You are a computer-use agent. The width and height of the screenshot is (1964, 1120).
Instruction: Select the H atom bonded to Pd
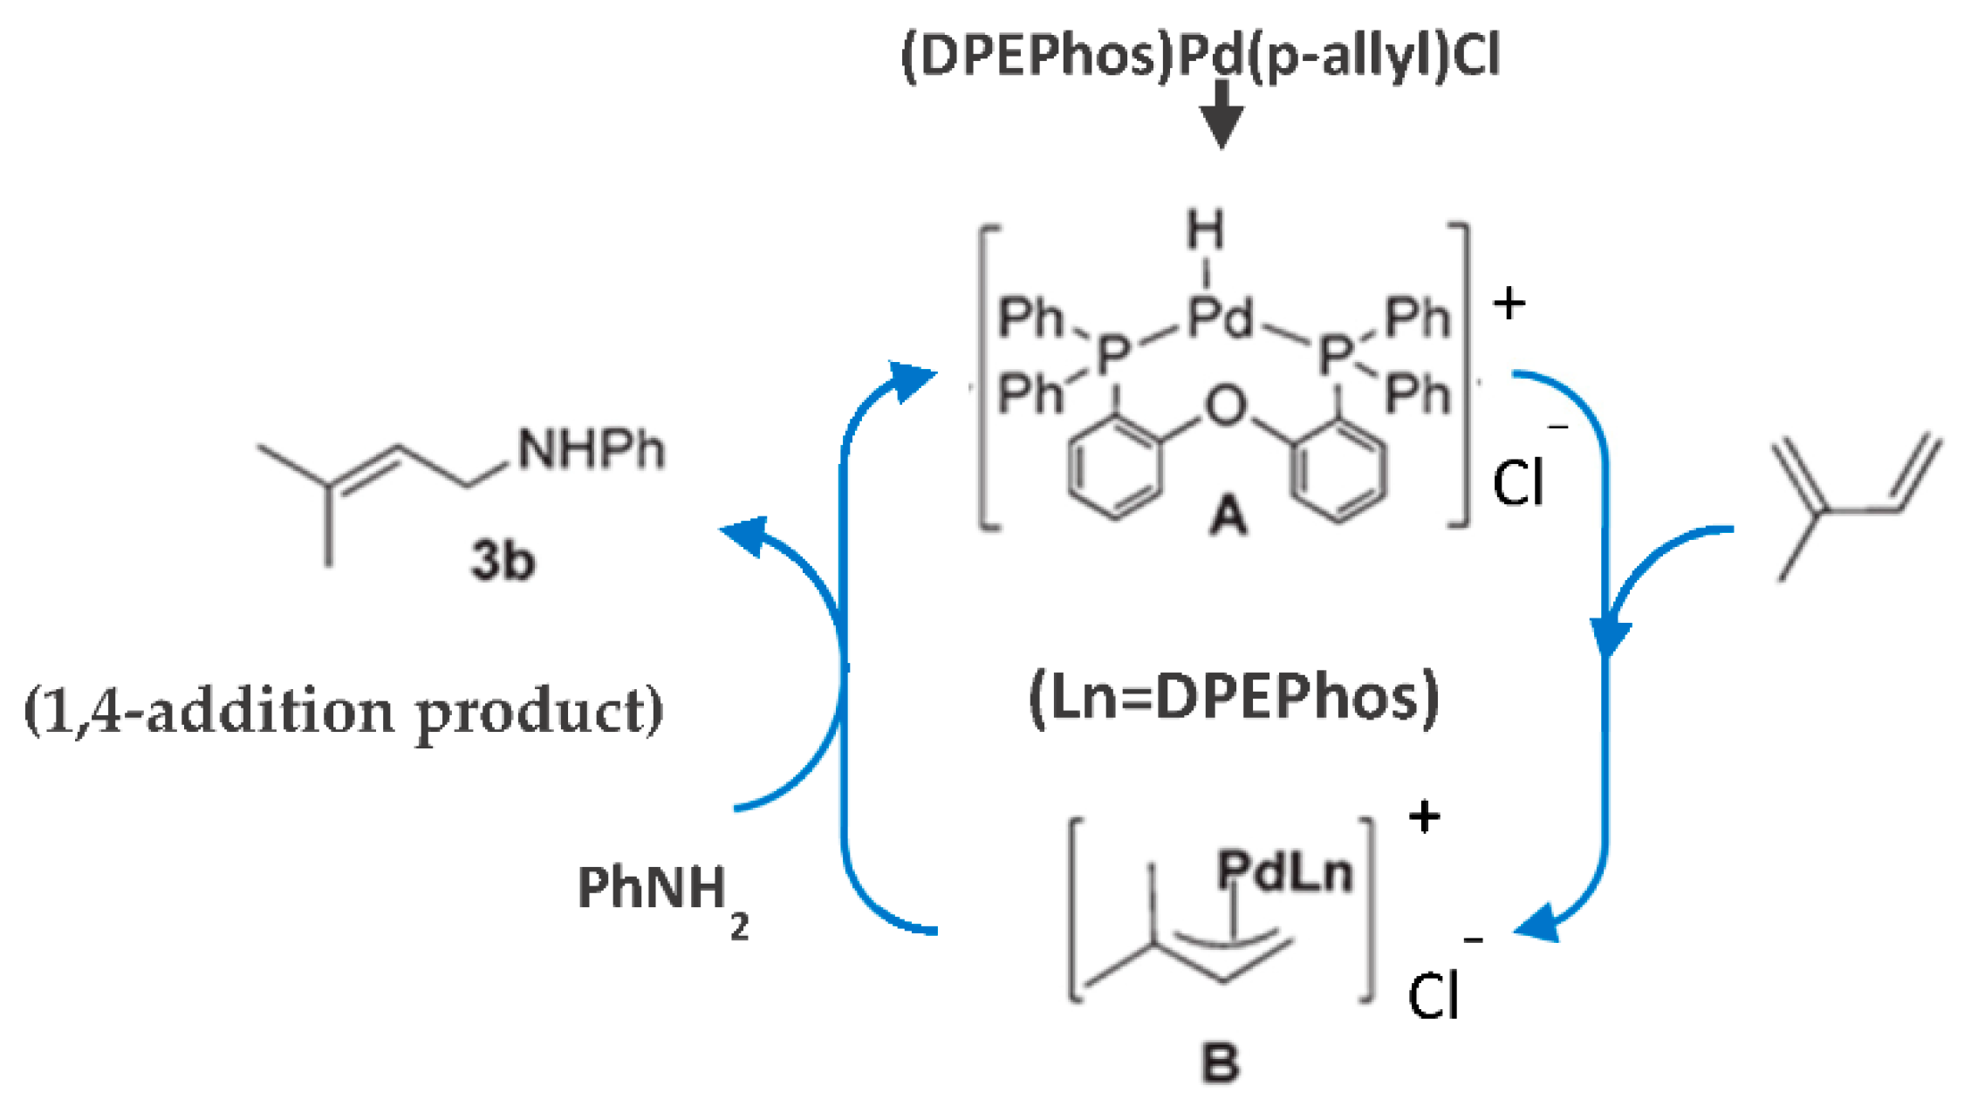pyautogui.click(x=1205, y=230)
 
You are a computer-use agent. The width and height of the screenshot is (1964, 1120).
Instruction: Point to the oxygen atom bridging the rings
pyautogui.click(x=1226, y=406)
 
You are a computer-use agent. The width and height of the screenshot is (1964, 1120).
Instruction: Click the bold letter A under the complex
pyautogui.click(x=1228, y=516)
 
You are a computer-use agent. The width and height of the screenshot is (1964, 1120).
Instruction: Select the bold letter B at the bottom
pyautogui.click(x=1220, y=1062)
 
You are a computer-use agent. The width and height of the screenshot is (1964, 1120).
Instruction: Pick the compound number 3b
pyautogui.click(x=503, y=559)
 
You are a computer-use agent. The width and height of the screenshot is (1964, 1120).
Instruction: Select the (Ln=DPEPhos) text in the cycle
pyautogui.click(x=1234, y=698)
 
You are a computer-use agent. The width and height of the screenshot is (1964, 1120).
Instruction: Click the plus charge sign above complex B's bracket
pyautogui.click(x=1424, y=817)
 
